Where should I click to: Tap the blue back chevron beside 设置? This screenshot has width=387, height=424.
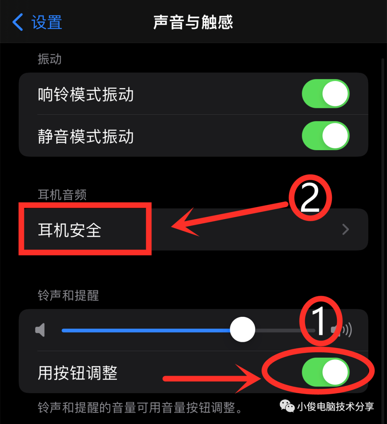pyautogui.click(x=18, y=22)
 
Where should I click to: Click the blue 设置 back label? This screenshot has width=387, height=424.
pyautogui.click(x=47, y=22)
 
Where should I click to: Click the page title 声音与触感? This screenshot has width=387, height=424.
pyautogui.click(x=193, y=22)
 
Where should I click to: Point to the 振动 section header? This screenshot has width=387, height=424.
pyautogui.click(x=49, y=59)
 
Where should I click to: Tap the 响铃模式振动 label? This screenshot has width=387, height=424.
pyautogui.click(x=86, y=95)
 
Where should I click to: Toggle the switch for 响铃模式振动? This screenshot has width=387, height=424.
pyautogui.click(x=325, y=94)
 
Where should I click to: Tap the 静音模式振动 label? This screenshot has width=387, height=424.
pyautogui.click(x=86, y=137)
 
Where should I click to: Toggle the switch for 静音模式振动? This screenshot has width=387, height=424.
pyautogui.click(x=325, y=136)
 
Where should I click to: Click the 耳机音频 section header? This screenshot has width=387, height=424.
pyautogui.click(x=62, y=195)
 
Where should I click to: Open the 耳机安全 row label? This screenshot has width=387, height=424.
pyautogui.click(x=70, y=230)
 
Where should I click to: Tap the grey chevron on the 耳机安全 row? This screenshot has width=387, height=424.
pyautogui.click(x=345, y=229)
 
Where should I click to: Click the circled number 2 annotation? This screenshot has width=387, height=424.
pyautogui.click(x=310, y=197)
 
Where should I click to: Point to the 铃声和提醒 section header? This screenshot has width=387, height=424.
pyautogui.click(x=68, y=295)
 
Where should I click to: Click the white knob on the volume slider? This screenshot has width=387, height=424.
pyautogui.click(x=243, y=329)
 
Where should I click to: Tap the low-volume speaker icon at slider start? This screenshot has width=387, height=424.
pyautogui.click(x=40, y=330)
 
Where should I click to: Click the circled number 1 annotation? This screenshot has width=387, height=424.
pyautogui.click(x=320, y=321)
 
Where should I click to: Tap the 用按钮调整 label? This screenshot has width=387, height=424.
pyautogui.click(x=77, y=373)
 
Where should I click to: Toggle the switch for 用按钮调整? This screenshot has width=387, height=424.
pyautogui.click(x=325, y=372)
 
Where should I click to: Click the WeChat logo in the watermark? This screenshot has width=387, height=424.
pyautogui.click(x=287, y=406)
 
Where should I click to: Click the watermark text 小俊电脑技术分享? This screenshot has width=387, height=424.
pyautogui.click(x=335, y=406)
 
